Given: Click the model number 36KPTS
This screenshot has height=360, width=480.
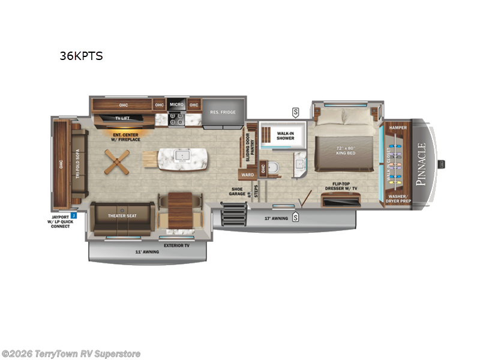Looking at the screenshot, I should click(x=81, y=56).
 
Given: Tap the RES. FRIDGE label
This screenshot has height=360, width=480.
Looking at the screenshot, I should click(x=223, y=112).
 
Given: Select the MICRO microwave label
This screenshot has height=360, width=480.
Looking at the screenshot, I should click(x=176, y=105).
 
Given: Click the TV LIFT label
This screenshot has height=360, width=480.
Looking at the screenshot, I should click(x=122, y=118).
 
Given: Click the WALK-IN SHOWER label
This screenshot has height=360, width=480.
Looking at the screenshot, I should click(x=286, y=136).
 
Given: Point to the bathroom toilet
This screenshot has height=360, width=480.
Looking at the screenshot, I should click(x=274, y=167).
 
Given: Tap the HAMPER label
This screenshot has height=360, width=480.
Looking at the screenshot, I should click(x=398, y=128).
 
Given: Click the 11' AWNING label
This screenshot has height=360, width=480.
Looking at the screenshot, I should click(x=146, y=252).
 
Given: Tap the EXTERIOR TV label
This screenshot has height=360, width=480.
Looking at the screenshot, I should click(x=177, y=245).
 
